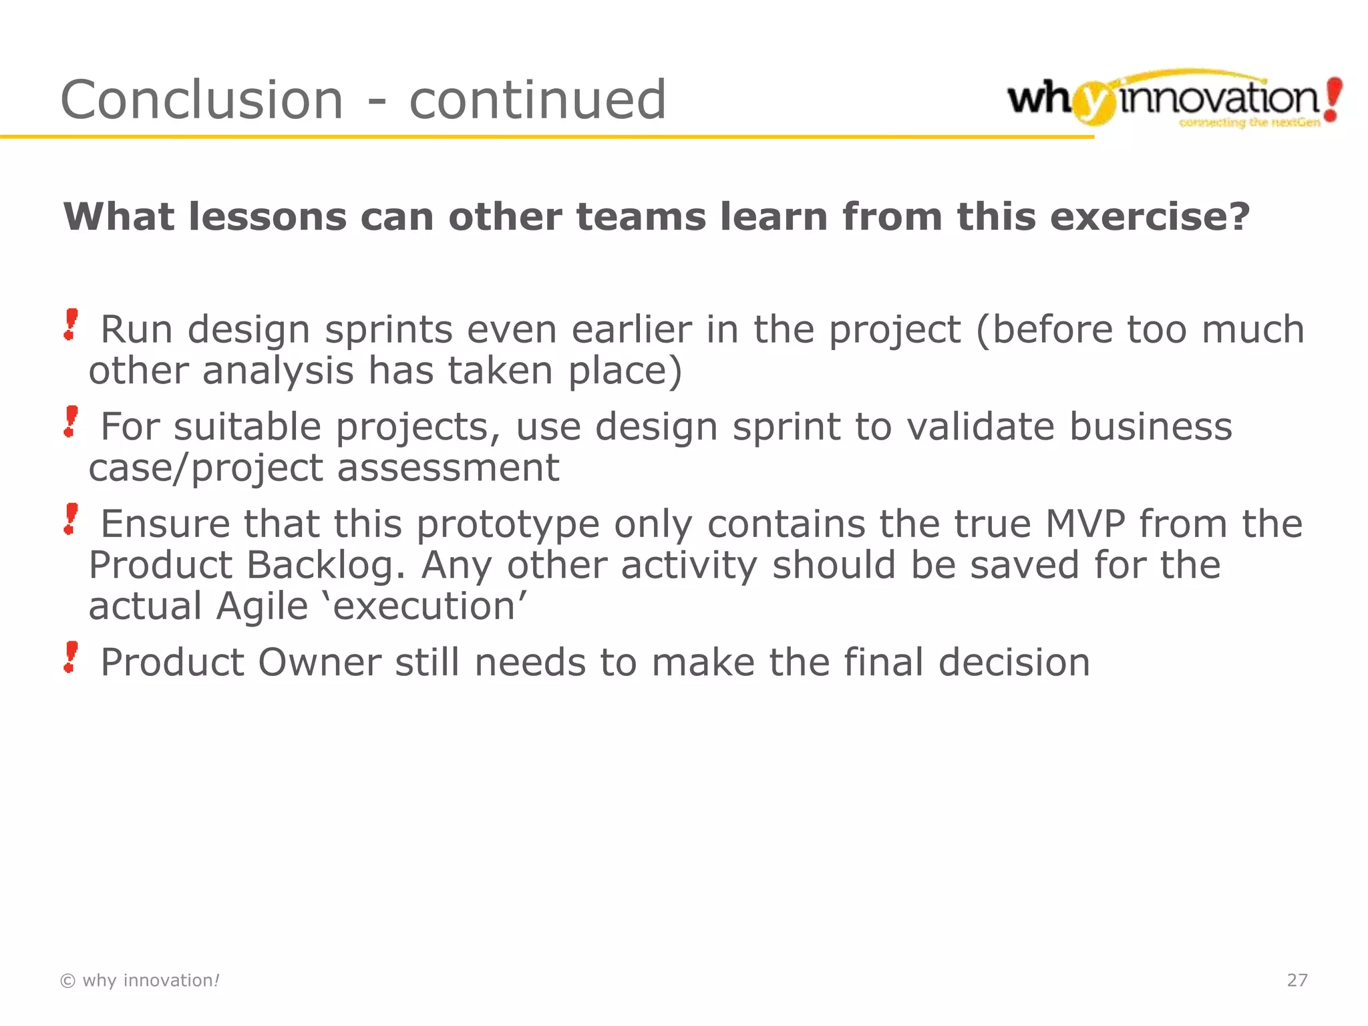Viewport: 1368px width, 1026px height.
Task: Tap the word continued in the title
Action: click(538, 100)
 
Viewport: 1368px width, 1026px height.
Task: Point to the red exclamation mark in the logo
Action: click(1333, 99)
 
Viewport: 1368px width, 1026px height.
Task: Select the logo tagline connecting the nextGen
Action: click(1249, 123)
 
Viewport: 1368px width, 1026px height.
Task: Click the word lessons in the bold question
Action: click(268, 217)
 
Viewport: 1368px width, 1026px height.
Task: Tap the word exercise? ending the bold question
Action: click(1150, 217)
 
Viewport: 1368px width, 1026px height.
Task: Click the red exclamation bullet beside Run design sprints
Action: click(71, 325)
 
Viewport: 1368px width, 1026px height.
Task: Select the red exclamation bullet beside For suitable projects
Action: click(71, 422)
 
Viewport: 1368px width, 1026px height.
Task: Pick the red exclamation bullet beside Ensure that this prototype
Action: click(71, 519)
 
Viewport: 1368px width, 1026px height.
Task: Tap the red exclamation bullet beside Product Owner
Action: click(71, 657)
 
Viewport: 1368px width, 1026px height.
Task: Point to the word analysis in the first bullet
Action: click(278, 371)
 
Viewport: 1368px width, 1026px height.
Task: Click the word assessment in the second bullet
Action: click(448, 468)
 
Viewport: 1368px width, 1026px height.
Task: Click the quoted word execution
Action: click(424, 607)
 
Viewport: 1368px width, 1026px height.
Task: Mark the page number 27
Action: click(1297, 980)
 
